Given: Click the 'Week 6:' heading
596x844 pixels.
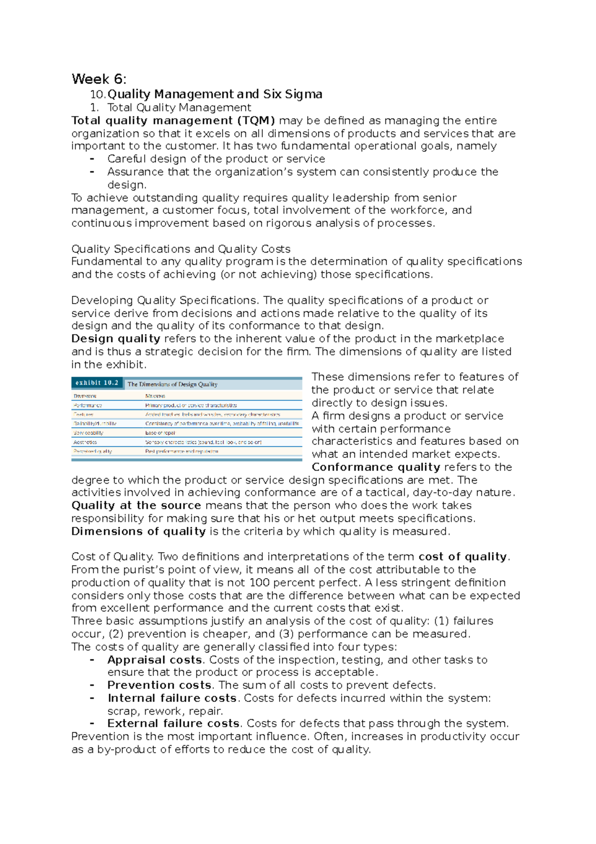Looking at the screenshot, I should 99,79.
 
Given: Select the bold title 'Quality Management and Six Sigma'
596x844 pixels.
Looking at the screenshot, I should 215,94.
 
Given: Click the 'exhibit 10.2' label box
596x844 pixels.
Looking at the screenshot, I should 97,383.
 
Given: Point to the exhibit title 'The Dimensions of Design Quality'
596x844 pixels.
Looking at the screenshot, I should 172,384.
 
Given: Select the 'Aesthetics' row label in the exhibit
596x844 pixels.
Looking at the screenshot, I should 85,442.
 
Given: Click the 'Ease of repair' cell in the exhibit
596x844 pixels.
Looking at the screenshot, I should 160,432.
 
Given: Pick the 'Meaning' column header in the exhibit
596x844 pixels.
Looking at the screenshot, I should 155,396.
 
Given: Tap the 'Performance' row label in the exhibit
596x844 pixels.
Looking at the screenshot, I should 88,405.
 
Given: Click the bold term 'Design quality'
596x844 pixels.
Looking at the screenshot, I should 116,338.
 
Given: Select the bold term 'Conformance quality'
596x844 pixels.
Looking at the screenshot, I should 375,467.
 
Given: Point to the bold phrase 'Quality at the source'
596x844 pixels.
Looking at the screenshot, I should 136,506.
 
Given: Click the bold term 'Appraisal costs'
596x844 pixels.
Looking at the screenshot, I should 154,660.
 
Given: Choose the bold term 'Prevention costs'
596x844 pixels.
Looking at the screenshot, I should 159,685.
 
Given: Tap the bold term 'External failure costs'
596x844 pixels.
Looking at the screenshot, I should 174,723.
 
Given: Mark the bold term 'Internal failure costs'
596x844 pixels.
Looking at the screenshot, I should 172,698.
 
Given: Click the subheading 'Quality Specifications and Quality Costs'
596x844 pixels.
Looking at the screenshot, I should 181,249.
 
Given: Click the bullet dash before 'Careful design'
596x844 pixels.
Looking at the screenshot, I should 92,159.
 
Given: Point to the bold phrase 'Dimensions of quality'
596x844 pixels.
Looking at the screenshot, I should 139,531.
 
